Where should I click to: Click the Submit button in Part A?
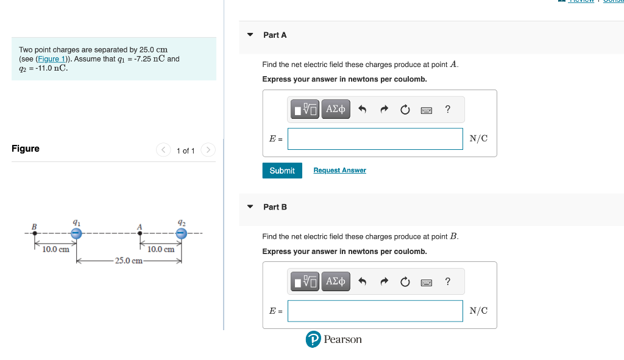pyautogui.click(x=282, y=171)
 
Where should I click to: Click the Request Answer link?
pyautogui.click(x=339, y=171)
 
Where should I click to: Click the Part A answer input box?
pyautogui.click(x=375, y=139)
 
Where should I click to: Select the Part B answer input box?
pyautogui.click(x=375, y=311)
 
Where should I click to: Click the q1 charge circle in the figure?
pyautogui.click(x=76, y=233)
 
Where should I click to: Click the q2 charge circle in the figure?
pyautogui.click(x=181, y=233)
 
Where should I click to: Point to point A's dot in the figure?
pyautogui.click(x=140, y=233)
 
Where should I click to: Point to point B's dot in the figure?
pyautogui.click(x=35, y=233)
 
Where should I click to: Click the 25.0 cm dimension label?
pyautogui.click(x=129, y=261)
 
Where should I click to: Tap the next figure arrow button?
pyautogui.click(x=208, y=150)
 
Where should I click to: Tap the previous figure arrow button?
pyautogui.click(x=163, y=150)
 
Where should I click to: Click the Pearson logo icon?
pyautogui.click(x=313, y=340)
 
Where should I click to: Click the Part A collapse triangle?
pyautogui.click(x=250, y=35)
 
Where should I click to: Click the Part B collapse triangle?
pyautogui.click(x=250, y=207)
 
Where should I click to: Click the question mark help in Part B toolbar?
pyautogui.click(x=448, y=281)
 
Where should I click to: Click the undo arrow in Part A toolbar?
pyautogui.click(x=362, y=110)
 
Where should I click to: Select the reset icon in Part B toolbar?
pyautogui.click(x=405, y=281)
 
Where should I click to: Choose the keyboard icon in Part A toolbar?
pyautogui.click(x=427, y=110)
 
